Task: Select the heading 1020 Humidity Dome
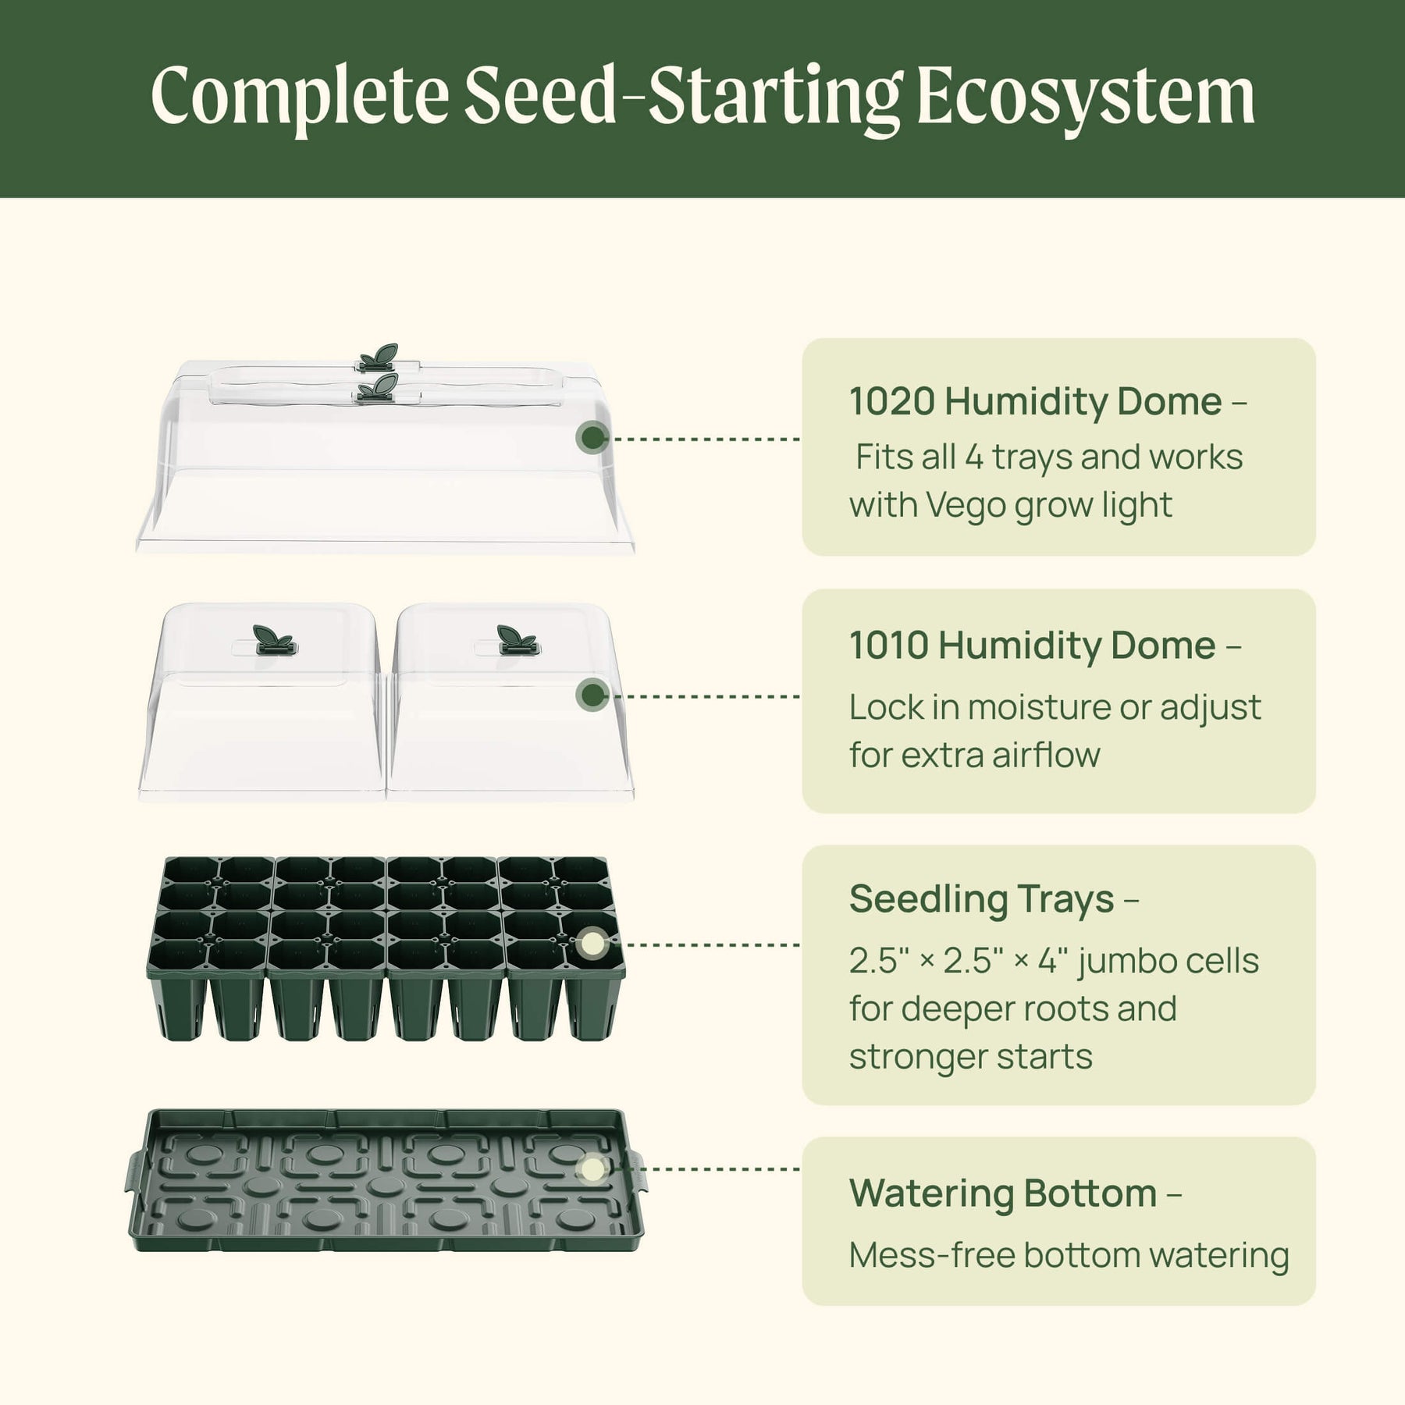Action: click(1036, 402)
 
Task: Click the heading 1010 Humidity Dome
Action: click(1033, 646)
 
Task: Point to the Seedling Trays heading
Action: click(982, 899)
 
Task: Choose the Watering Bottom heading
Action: click(1003, 1193)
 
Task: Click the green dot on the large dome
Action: click(592, 438)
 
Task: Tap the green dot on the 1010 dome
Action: click(592, 695)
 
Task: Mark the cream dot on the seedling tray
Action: click(592, 944)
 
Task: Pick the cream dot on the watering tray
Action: click(592, 1169)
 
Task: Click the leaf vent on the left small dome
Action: click(273, 639)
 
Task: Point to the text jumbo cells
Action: click(1168, 962)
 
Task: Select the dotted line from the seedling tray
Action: click(705, 944)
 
